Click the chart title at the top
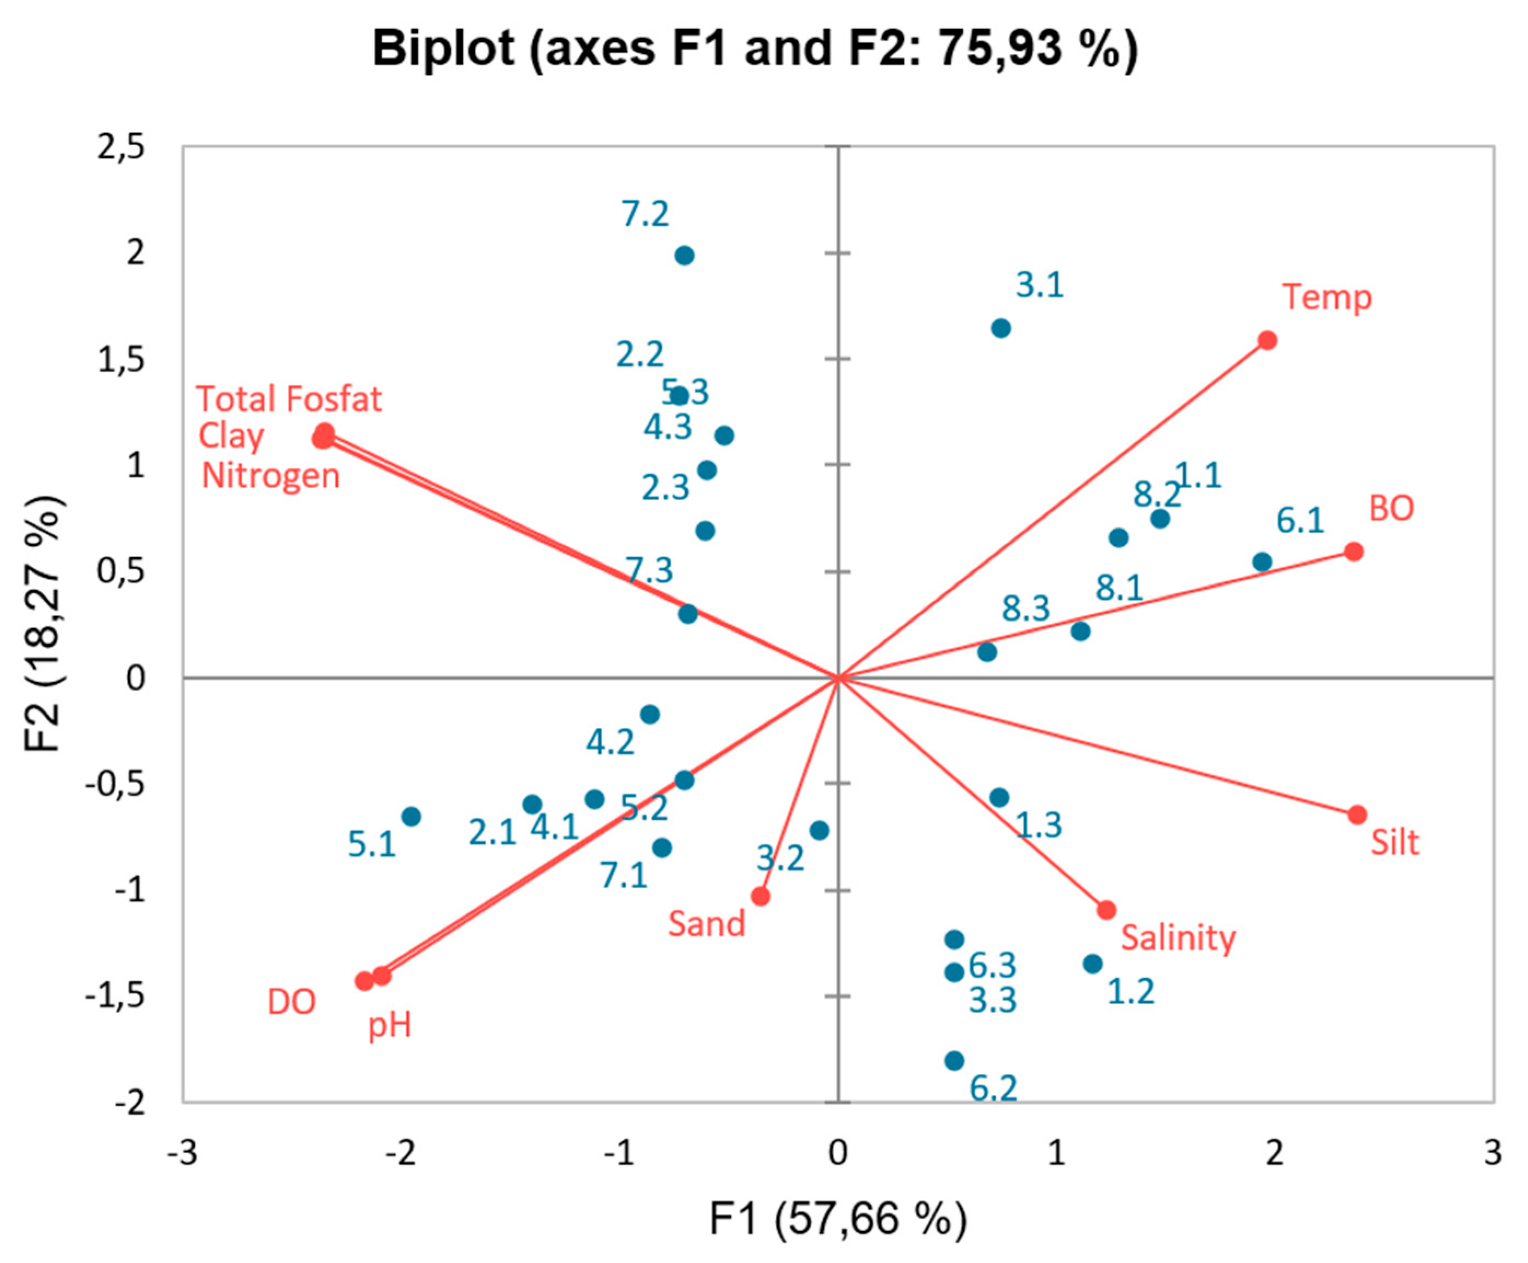(754, 49)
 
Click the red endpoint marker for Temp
(1268, 340)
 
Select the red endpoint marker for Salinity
(1106, 910)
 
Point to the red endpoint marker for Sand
(761, 896)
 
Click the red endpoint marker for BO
(1353, 552)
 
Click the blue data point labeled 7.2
(684, 256)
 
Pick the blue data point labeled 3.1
(1001, 328)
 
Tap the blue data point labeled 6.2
(954, 1061)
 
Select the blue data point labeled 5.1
(411, 816)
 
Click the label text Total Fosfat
(289, 399)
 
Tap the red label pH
(390, 1025)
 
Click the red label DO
(292, 1003)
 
